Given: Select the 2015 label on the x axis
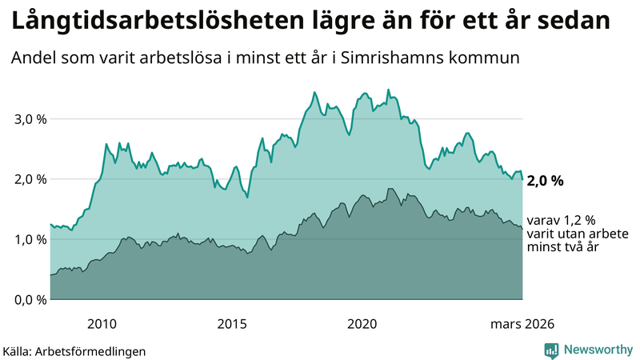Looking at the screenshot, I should (x=232, y=323).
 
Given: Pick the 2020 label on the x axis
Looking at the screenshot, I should (x=362, y=323).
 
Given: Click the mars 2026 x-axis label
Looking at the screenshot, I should (x=522, y=323).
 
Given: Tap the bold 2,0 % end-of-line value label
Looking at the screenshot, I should (x=545, y=181).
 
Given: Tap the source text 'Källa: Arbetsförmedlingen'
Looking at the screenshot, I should (x=74, y=351).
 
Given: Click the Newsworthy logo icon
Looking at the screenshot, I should (x=551, y=350).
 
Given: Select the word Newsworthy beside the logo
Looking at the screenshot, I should (x=598, y=350).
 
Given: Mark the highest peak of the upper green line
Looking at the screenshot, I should (x=388, y=90).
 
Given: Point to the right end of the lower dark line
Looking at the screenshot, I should (x=522, y=229).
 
